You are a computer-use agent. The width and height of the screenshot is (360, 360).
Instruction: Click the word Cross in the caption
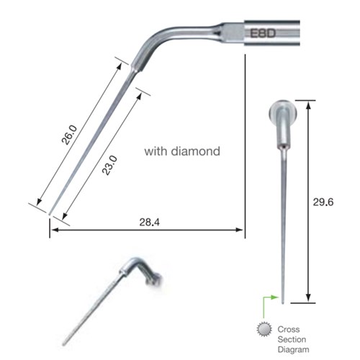click(289, 330)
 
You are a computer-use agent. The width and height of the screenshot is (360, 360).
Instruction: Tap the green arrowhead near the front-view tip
click(276, 296)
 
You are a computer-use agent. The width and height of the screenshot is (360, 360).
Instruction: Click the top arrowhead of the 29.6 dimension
click(308, 103)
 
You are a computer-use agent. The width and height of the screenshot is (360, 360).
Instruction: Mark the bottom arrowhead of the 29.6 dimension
click(308, 299)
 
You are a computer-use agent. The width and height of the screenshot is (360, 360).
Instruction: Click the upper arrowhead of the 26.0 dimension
click(117, 65)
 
